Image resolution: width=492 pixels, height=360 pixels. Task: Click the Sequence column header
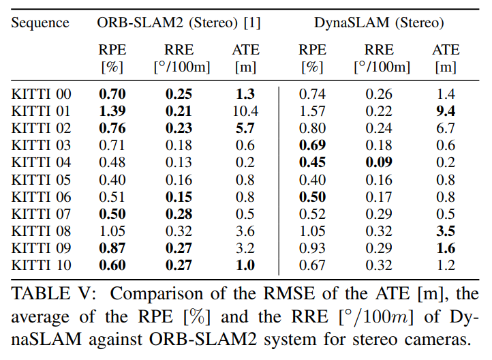pyautogui.click(x=40, y=22)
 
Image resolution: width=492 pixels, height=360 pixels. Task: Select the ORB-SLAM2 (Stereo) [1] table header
pyautogui.click(x=179, y=22)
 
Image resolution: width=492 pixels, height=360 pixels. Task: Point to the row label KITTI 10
pyautogui.click(x=41, y=265)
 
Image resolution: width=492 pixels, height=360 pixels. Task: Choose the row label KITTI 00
pyautogui.click(x=41, y=93)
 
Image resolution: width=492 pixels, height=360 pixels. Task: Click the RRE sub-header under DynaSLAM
pyautogui.click(x=380, y=50)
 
